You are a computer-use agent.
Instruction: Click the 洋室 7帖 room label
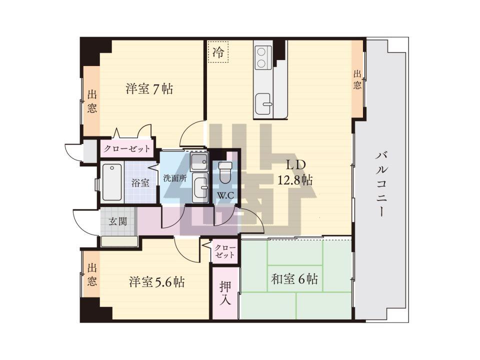(x=149, y=89)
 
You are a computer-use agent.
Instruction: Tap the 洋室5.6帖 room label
(x=156, y=281)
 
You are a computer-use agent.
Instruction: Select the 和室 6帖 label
(x=294, y=279)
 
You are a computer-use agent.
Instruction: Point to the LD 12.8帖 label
(x=295, y=172)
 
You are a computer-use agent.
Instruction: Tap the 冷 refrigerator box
(x=218, y=52)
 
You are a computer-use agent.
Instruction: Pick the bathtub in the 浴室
(x=111, y=182)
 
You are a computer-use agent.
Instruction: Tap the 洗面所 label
(x=175, y=178)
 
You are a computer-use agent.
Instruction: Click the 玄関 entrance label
(x=118, y=221)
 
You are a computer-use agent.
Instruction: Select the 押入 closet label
(x=225, y=293)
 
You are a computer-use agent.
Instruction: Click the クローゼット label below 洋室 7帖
(x=127, y=149)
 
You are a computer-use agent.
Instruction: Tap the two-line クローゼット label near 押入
(x=224, y=251)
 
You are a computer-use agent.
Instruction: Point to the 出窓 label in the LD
(x=357, y=79)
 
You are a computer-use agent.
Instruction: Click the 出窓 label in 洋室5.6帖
(x=92, y=274)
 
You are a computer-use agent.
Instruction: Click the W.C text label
(x=225, y=195)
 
